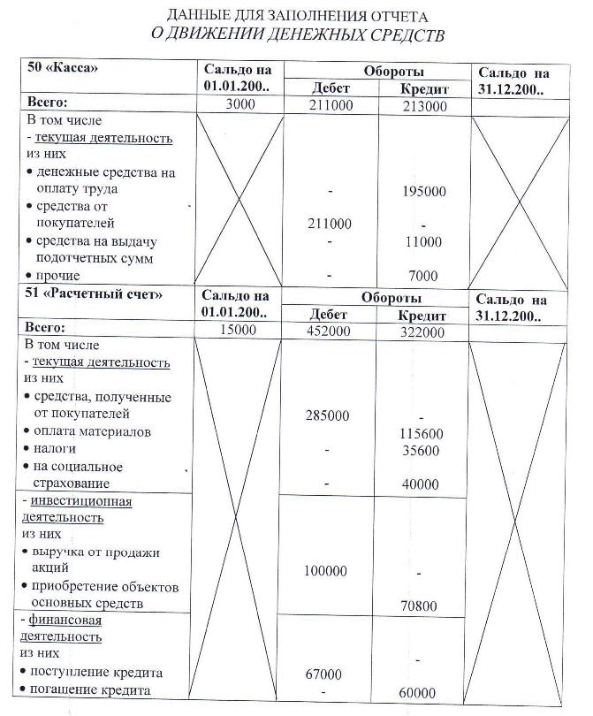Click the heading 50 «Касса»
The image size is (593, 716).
[63, 68]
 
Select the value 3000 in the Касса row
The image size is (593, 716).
[239, 105]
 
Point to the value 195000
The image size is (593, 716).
[423, 191]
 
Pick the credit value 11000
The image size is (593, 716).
[423, 241]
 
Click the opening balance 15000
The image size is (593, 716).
[238, 330]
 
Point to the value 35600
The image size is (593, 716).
[421, 451]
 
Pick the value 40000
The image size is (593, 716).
[420, 484]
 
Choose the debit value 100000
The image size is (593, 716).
[325, 571]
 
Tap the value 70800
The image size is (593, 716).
[420, 606]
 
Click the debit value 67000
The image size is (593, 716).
[323, 674]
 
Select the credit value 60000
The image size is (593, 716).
[418, 692]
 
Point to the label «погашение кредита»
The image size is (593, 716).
[91, 690]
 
